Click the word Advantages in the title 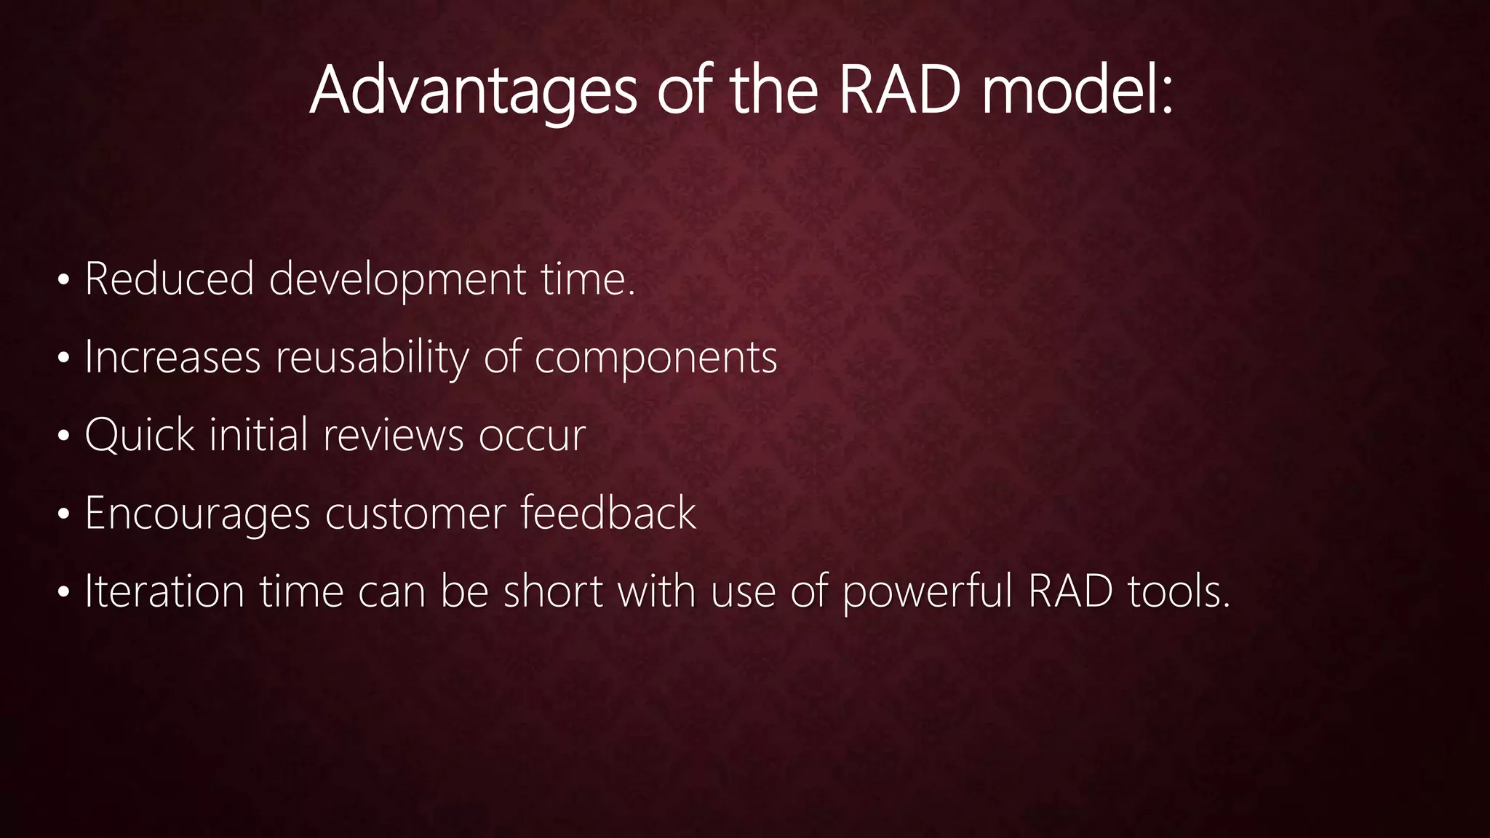[473, 90]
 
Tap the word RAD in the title [899, 90]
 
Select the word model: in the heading [1077, 90]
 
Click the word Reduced [169, 279]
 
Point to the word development [397, 280]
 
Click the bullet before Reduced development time [64, 280]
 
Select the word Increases [172, 357]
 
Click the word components [656, 359]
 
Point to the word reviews [393, 435]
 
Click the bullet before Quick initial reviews [64, 436]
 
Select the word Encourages [197, 514]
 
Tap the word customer [415, 514]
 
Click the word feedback [608, 513]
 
